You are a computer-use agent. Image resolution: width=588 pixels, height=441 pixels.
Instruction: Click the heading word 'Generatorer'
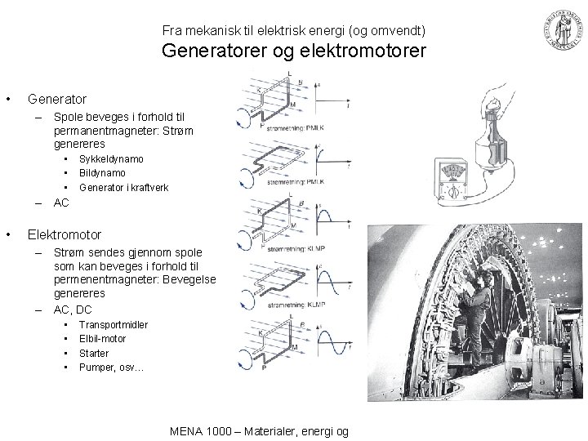[210, 53]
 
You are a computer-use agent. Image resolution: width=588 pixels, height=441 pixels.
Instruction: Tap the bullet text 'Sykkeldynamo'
[111, 159]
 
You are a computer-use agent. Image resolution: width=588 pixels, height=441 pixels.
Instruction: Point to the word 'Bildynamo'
[102, 173]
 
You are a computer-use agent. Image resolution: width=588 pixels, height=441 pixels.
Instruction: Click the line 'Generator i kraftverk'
[123, 187]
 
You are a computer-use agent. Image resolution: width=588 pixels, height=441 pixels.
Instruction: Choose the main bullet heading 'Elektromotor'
[65, 234]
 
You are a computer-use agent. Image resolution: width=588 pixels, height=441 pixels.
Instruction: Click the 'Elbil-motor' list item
[103, 339]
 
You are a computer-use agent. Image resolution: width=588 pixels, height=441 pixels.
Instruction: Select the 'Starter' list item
[94, 353]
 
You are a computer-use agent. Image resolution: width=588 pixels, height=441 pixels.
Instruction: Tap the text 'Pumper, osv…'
[111, 367]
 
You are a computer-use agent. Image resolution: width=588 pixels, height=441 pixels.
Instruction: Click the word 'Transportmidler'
[114, 324]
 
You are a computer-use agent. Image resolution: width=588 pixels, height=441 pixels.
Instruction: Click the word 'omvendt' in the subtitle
[394, 31]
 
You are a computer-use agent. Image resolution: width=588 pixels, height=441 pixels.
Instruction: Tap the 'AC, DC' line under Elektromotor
[72, 310]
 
